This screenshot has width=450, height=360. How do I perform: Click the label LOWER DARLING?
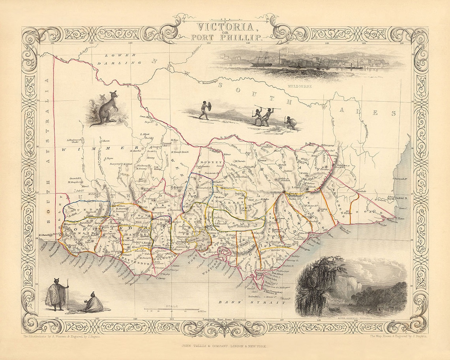pos(117,59)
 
